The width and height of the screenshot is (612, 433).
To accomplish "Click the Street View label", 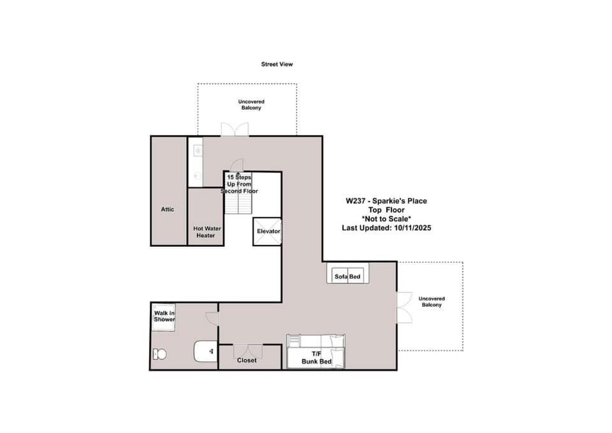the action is click(277, 64).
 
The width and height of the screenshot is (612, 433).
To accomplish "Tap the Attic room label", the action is click(168, 209).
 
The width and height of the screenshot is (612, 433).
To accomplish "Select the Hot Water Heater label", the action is click(207, 232).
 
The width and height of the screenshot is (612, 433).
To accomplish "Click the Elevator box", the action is click(267, 231).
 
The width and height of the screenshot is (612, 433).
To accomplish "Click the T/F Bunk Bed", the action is click(316, 351).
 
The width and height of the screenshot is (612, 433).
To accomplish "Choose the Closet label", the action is click(247, 360).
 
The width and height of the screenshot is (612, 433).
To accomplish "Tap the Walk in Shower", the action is click(164, 318).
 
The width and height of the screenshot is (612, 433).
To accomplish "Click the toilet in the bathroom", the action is click(159, 354).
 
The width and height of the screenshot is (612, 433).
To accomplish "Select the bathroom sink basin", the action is click(206, 351).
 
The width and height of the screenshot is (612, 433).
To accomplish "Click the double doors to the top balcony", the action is click(235, 129).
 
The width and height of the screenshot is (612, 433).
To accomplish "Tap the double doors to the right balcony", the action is click(404, 307).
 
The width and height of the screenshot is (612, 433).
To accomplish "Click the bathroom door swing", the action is click(212, 318).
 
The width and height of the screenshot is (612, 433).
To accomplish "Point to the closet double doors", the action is click(248, 351).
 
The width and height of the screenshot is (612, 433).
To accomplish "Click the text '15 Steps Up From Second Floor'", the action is click(239, 184).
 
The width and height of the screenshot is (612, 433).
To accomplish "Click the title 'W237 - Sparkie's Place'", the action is click(386, 201).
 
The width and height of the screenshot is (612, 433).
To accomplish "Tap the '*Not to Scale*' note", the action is click(386, 219).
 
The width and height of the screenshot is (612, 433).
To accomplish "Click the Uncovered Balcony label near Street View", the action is click(251, 105).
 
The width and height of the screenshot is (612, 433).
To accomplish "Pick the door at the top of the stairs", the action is click(237, 165).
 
